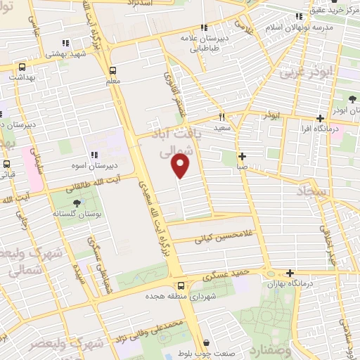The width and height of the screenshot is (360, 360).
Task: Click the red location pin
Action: coord(181,166)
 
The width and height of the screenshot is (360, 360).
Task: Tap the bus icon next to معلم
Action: coord(112,70)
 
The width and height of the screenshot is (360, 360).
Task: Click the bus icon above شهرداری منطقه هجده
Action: coord(181,285)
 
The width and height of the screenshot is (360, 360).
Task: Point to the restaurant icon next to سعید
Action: coord(221,117)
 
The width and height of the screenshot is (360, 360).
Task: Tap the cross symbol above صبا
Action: coord(242,156)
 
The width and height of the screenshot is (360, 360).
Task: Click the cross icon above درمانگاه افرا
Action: coord(321,118)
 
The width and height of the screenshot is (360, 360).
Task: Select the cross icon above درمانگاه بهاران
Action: coord(290,273)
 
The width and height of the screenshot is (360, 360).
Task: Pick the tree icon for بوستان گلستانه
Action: coord(77,204)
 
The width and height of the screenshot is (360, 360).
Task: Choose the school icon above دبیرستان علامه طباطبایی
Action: coord(202,27)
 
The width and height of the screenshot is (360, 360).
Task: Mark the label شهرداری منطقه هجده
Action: coord(176,297)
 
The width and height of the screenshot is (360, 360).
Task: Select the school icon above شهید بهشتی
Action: coord(65,42)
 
